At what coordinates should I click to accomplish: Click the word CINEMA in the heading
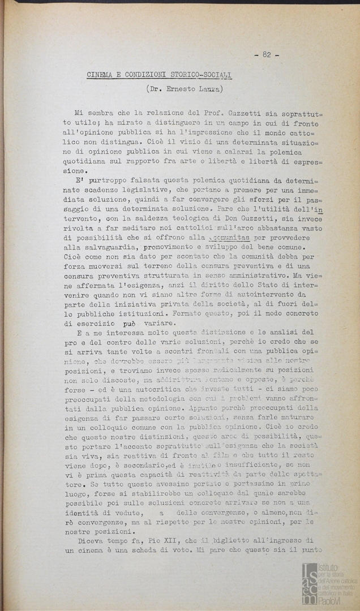point(101,74)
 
